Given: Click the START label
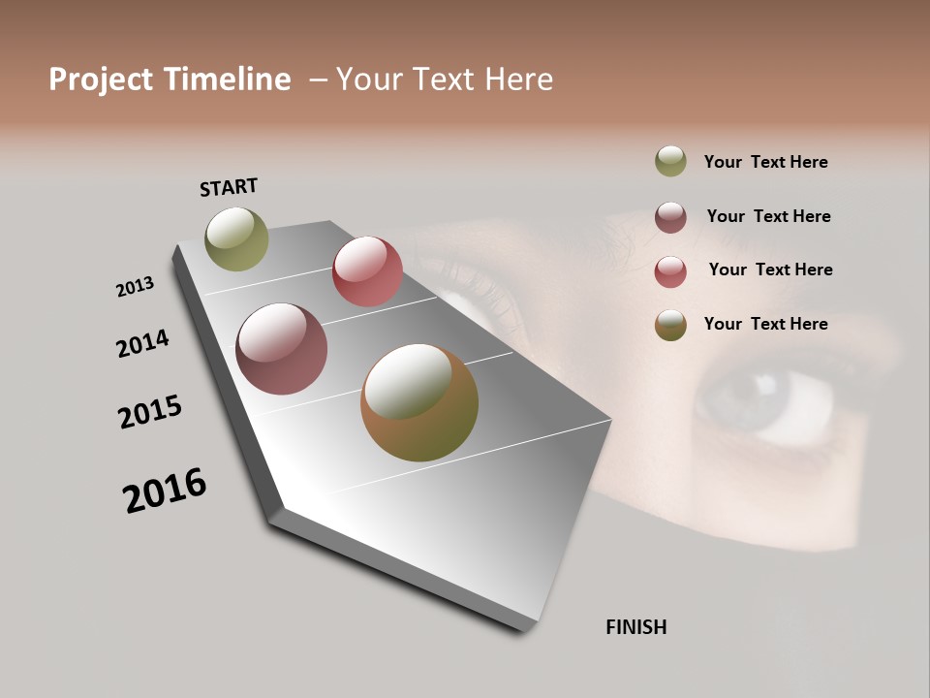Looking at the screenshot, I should (229, 186).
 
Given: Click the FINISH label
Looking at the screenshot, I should (635, 627).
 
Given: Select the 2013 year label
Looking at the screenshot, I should (135, 287).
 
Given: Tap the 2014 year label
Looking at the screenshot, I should (142, 344).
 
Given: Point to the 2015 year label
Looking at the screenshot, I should (150, 412).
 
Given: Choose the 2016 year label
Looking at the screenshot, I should (165, 491).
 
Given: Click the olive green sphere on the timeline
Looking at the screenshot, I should (236, 238).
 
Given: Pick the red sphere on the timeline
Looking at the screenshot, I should (367, 271).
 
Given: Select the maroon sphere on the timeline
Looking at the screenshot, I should (281, 349).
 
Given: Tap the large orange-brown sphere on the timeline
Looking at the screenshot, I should (419, 402).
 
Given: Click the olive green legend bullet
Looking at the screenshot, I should (670, 161).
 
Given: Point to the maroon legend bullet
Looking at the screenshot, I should (670, 217).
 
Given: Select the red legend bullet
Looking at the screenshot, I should (670, 271).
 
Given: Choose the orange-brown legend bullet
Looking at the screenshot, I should (670, 325).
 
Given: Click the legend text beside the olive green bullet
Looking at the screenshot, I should (765, 163).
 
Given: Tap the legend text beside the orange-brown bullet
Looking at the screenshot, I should (765, 324).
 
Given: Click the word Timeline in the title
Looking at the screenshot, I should (227, 79).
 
